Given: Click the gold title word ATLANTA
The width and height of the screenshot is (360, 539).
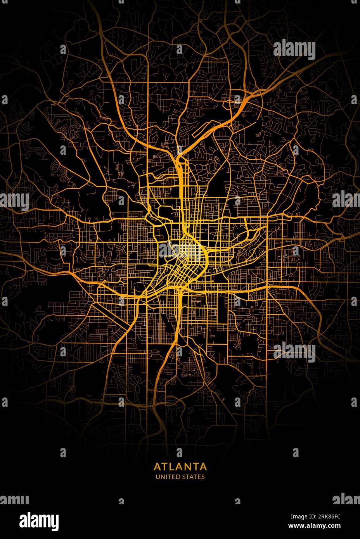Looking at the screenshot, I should point(180,466).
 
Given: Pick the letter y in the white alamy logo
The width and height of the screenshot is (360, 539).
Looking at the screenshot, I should point(54,521).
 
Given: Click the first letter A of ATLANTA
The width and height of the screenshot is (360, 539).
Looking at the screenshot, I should point(157,466).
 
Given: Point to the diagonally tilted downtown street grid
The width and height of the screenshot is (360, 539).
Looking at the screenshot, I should point(182,271).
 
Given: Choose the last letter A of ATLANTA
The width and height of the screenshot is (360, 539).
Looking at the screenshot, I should point(203,466).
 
